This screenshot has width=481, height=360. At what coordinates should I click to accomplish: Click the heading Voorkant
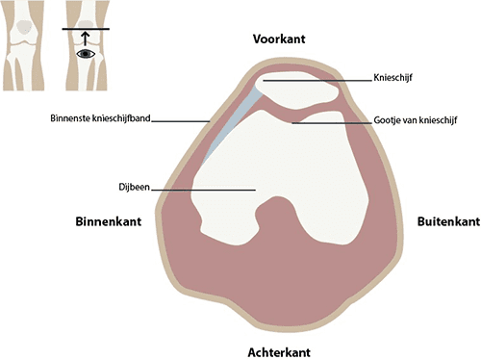click(x=280, y=41)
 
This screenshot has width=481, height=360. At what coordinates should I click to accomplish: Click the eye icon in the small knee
click(x=85, y=55)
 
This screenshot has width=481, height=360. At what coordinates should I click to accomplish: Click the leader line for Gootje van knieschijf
click(x=332, y=122)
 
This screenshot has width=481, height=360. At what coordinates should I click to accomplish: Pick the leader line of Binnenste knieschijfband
click(x=183, y=120)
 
